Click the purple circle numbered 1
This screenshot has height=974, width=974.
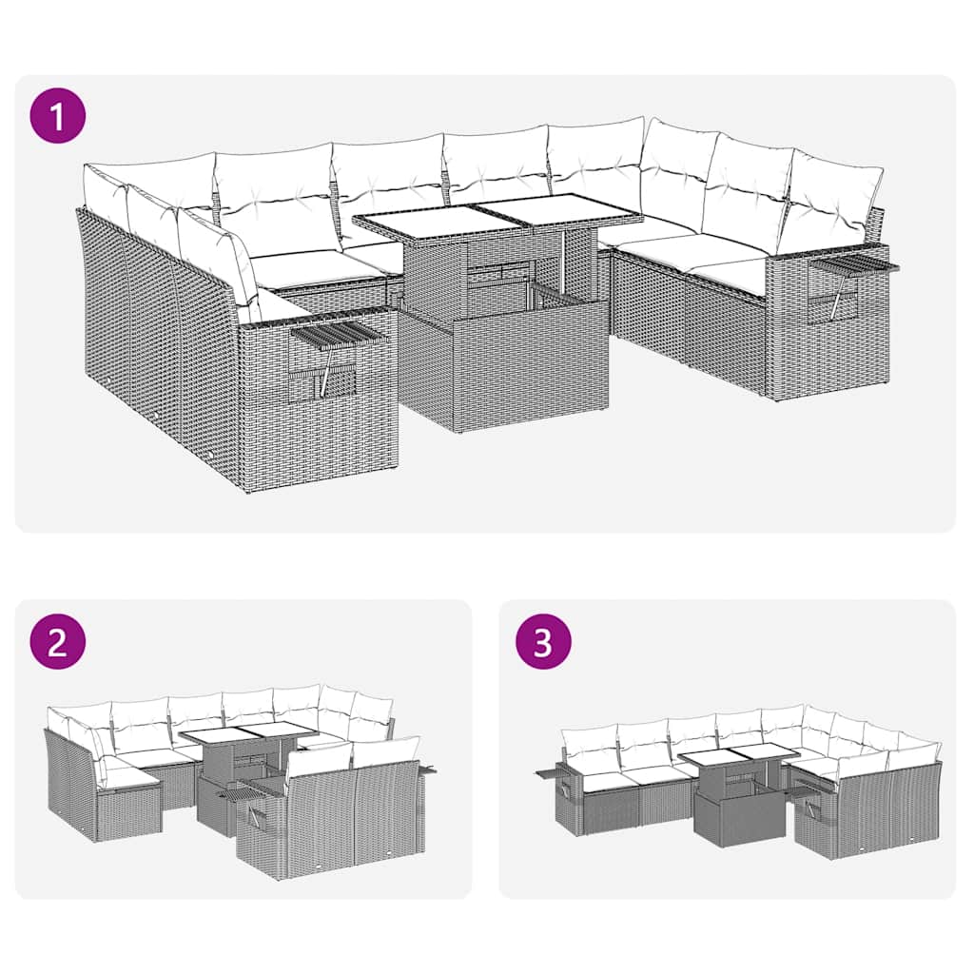pos(58,116)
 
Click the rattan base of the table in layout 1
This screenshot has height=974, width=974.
pos(504,366)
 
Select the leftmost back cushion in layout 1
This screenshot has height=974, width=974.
pos(105,195)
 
